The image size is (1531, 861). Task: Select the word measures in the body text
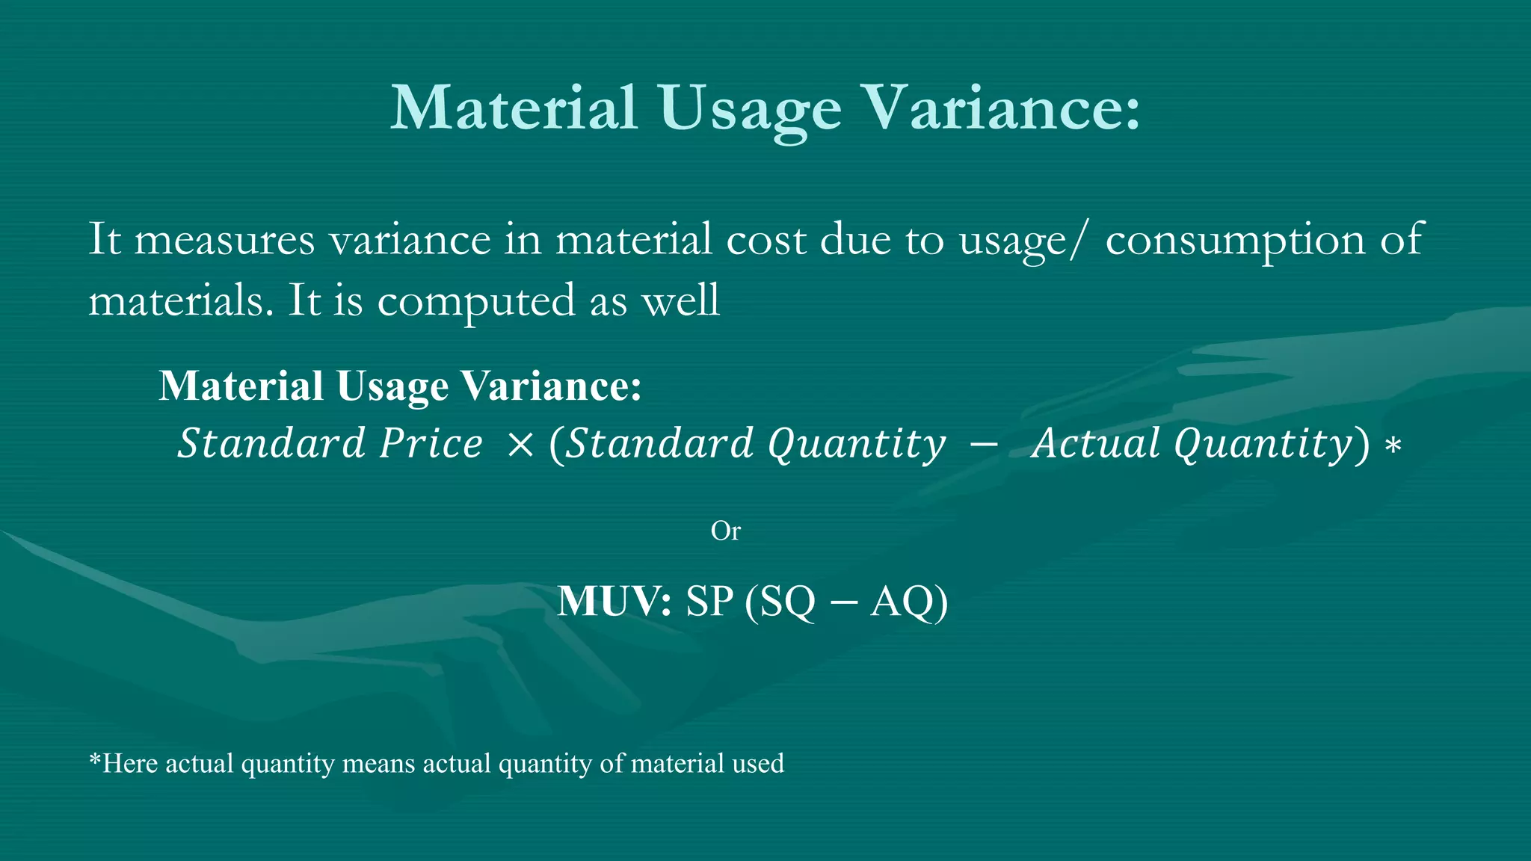224,241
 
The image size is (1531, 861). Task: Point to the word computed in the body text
476,302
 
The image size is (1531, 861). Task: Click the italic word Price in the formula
431,443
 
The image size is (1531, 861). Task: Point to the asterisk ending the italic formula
1392,447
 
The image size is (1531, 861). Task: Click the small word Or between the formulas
725,531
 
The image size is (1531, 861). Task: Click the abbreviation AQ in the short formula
900,601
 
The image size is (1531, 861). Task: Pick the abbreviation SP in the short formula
709,601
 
